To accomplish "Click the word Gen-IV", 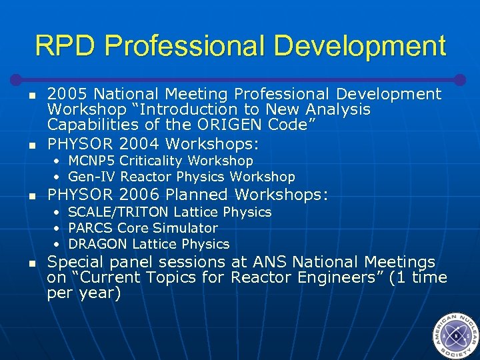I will (x=89, y=177).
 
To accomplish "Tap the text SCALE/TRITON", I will (x=119, y=212).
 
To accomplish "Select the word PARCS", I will (x=90, y=228).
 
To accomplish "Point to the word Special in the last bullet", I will (x=74, y=263).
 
